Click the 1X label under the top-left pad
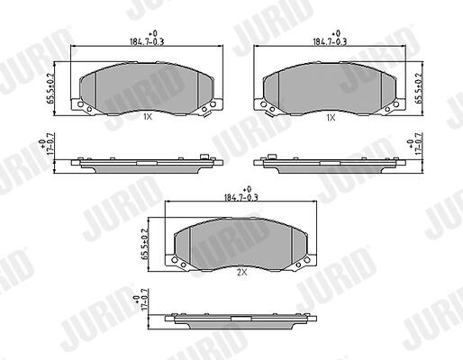[x=148, y=117]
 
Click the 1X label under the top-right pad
[x=331, y=118]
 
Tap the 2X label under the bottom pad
[x=242, y=273]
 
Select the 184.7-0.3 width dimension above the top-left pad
[x=147, y=41]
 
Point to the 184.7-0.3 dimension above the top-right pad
[x=331, y=41]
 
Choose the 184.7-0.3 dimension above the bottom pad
[x=241, y=198]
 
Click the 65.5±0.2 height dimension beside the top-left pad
[x=50, y=88]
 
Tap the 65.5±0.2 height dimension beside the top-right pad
[x=419, y=88]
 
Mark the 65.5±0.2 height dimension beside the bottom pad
[x=145, y=244]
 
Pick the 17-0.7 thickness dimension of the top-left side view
[x=50, y=143]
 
